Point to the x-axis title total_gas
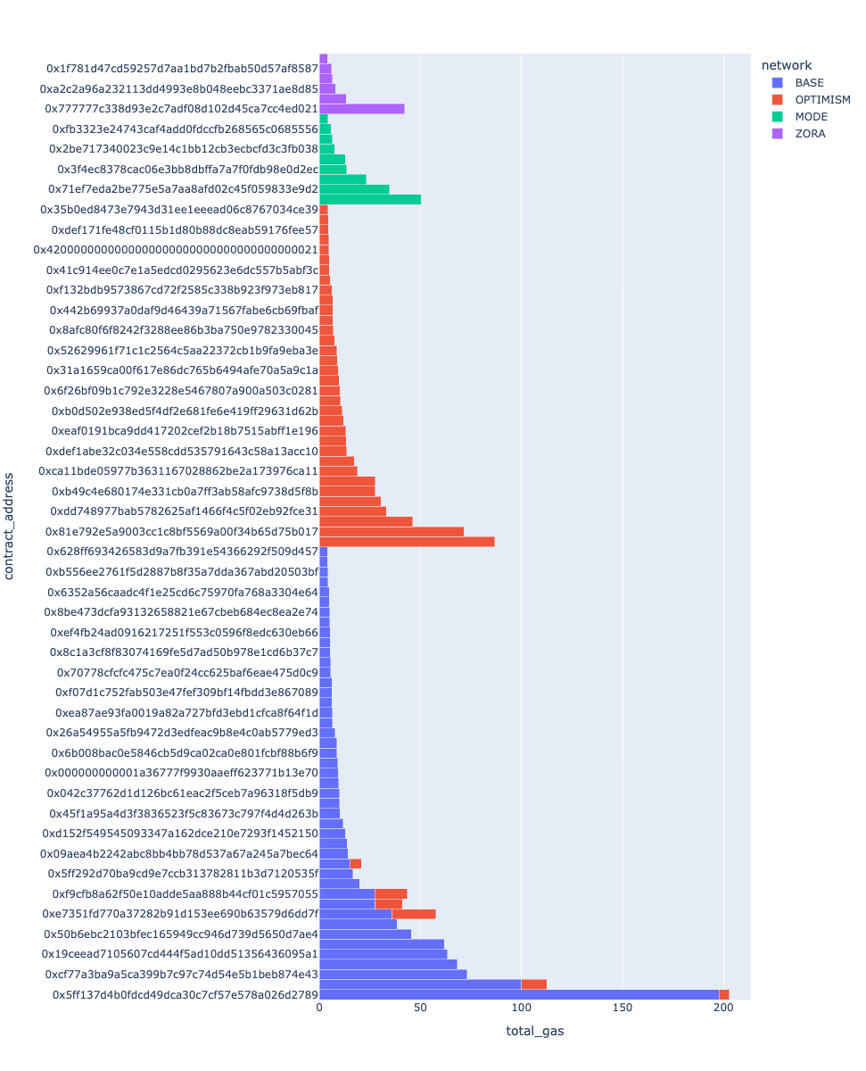click(x=534, y=1032)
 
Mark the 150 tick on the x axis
click(x=623, y=1007)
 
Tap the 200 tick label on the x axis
click(x=723, y=1007)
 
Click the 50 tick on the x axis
click(x=420, y=1007)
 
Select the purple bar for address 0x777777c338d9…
click(x=361, y=109)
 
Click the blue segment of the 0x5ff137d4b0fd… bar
click(x=517, y=994)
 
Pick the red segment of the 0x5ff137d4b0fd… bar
click(x=724, y=994)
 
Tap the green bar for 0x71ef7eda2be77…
click(x=354, y=189)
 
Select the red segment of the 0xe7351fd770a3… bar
click(x=413, y=914)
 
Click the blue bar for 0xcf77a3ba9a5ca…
click(x=392, y=974)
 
